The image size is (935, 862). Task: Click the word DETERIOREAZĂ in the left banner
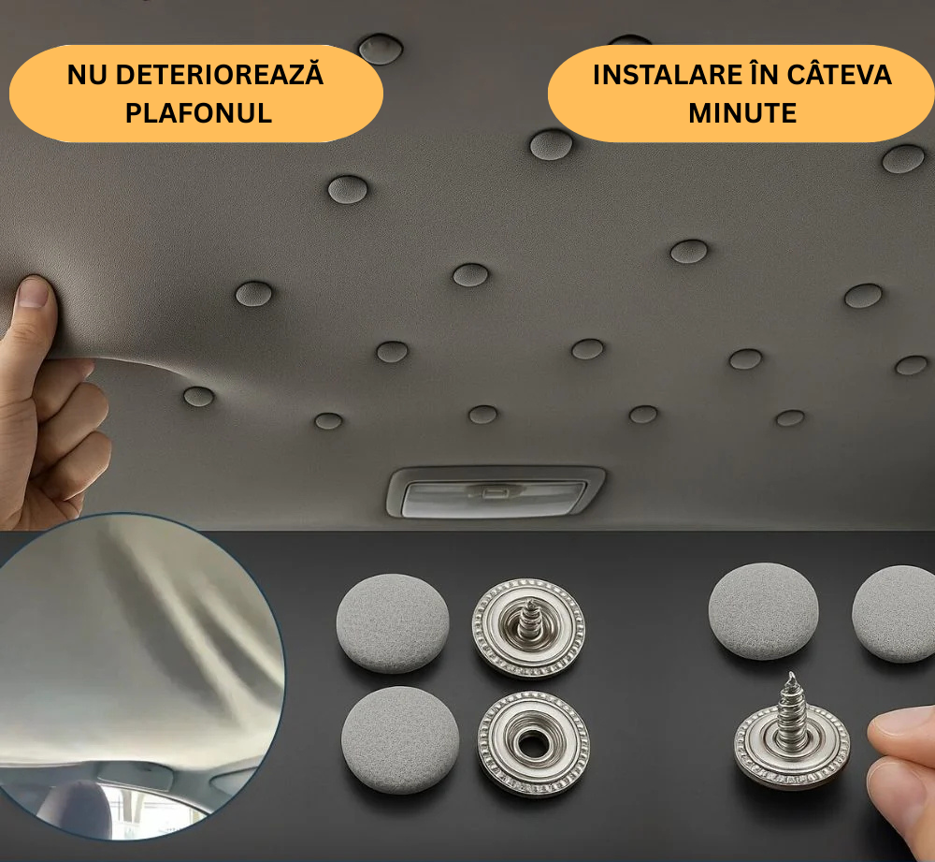219,75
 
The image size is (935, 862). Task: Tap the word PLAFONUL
198,113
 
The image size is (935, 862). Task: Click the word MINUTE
742,113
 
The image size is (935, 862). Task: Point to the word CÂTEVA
839,74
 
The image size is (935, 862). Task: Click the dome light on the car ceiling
495,493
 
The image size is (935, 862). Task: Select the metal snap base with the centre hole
534,744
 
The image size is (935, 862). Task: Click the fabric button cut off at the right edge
895,614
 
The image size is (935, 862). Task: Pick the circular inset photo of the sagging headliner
141,677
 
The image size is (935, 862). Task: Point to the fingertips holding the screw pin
901,770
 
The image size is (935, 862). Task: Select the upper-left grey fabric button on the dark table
393,623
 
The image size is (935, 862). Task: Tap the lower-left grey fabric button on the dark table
400,740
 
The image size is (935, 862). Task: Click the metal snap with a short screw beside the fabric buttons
528,627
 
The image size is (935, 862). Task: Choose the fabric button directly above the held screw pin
763,611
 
